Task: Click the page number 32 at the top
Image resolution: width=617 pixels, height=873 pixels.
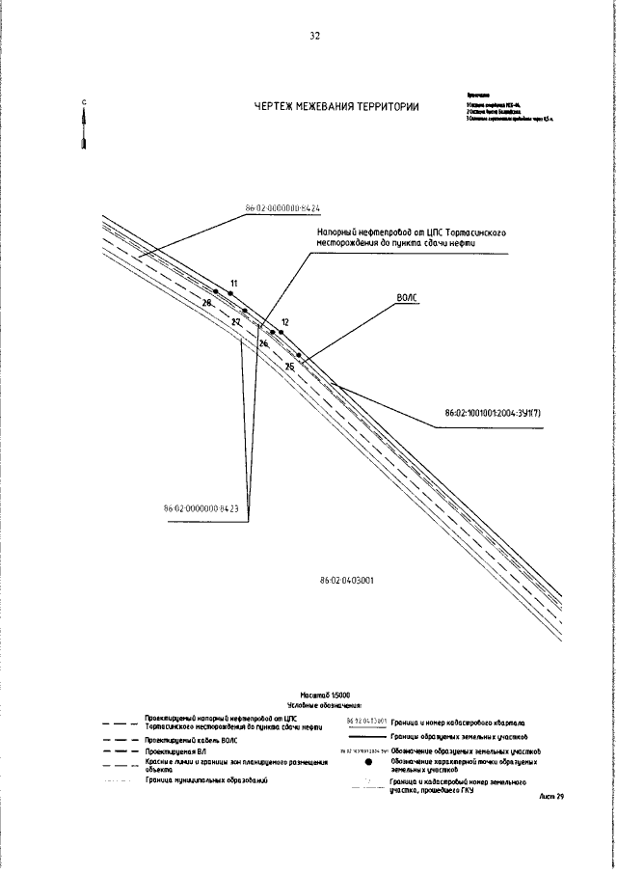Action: point(314,37)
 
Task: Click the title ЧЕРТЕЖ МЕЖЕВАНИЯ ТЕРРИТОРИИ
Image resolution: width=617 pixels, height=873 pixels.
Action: point(336,107)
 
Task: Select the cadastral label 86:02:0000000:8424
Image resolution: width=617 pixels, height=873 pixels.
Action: point(282,207)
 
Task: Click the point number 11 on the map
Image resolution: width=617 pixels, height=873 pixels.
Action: point(232,283)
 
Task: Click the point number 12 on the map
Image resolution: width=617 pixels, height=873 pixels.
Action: point(284,321)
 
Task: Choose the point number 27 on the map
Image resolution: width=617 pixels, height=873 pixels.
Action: point(236,321)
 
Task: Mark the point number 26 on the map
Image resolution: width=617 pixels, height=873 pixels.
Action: point(263,343)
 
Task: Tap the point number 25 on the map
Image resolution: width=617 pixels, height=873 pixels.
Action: point(289,367)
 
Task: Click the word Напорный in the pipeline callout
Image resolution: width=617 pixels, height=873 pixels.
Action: point(338,232)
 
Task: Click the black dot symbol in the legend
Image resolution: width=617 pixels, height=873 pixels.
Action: point(369,761)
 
